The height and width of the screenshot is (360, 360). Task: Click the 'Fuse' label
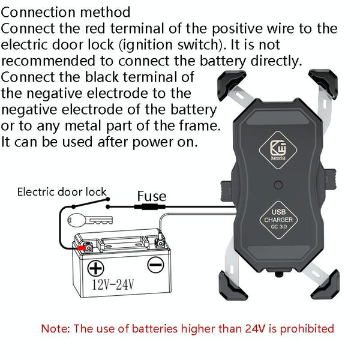coord(152,196)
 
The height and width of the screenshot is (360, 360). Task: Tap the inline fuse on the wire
coord(149,207)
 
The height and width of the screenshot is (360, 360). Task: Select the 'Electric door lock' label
coord(62,192)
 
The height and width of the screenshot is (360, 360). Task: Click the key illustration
coord(90,220)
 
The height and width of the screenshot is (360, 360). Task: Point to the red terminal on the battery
coord(81,248)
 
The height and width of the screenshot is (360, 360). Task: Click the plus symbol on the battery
coord(95,268)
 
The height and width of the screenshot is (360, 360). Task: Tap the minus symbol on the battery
coord(155,265)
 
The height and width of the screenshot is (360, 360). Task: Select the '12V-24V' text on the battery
coord(113,284)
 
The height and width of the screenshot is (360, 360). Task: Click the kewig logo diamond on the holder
coord(278,150)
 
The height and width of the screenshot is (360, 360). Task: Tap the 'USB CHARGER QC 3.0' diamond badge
coord(278,220)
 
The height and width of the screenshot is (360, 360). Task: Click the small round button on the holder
coord(278,185)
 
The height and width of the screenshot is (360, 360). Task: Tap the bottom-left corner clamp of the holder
coord(232,286)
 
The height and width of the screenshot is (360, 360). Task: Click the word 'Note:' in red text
coord(55,329)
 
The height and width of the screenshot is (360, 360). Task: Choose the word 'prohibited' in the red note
coord(307,329)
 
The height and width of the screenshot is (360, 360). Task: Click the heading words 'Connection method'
coord(65,13)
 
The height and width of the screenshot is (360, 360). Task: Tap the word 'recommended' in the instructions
coord(48,61)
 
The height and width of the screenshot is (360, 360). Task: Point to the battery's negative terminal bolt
coord(160,243)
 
